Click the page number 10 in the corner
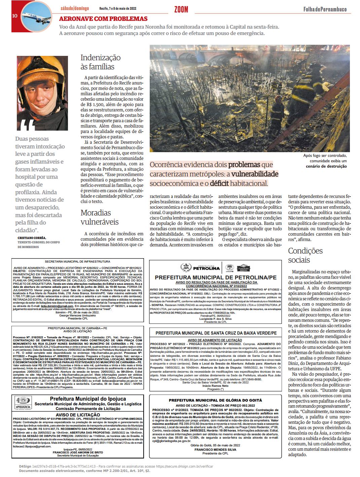pyautogui.click(x=15, y=16)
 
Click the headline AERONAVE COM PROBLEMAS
pyautogui.click(x=103, y=19)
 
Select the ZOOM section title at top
pyautogui.click(x=181, y=9)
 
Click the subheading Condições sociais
pyautogui.click(x=305, y=255)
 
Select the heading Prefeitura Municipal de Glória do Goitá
pyautogui.click(x=215, y=400)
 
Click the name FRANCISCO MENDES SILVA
pyautogui.click(x=215, y=449)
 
